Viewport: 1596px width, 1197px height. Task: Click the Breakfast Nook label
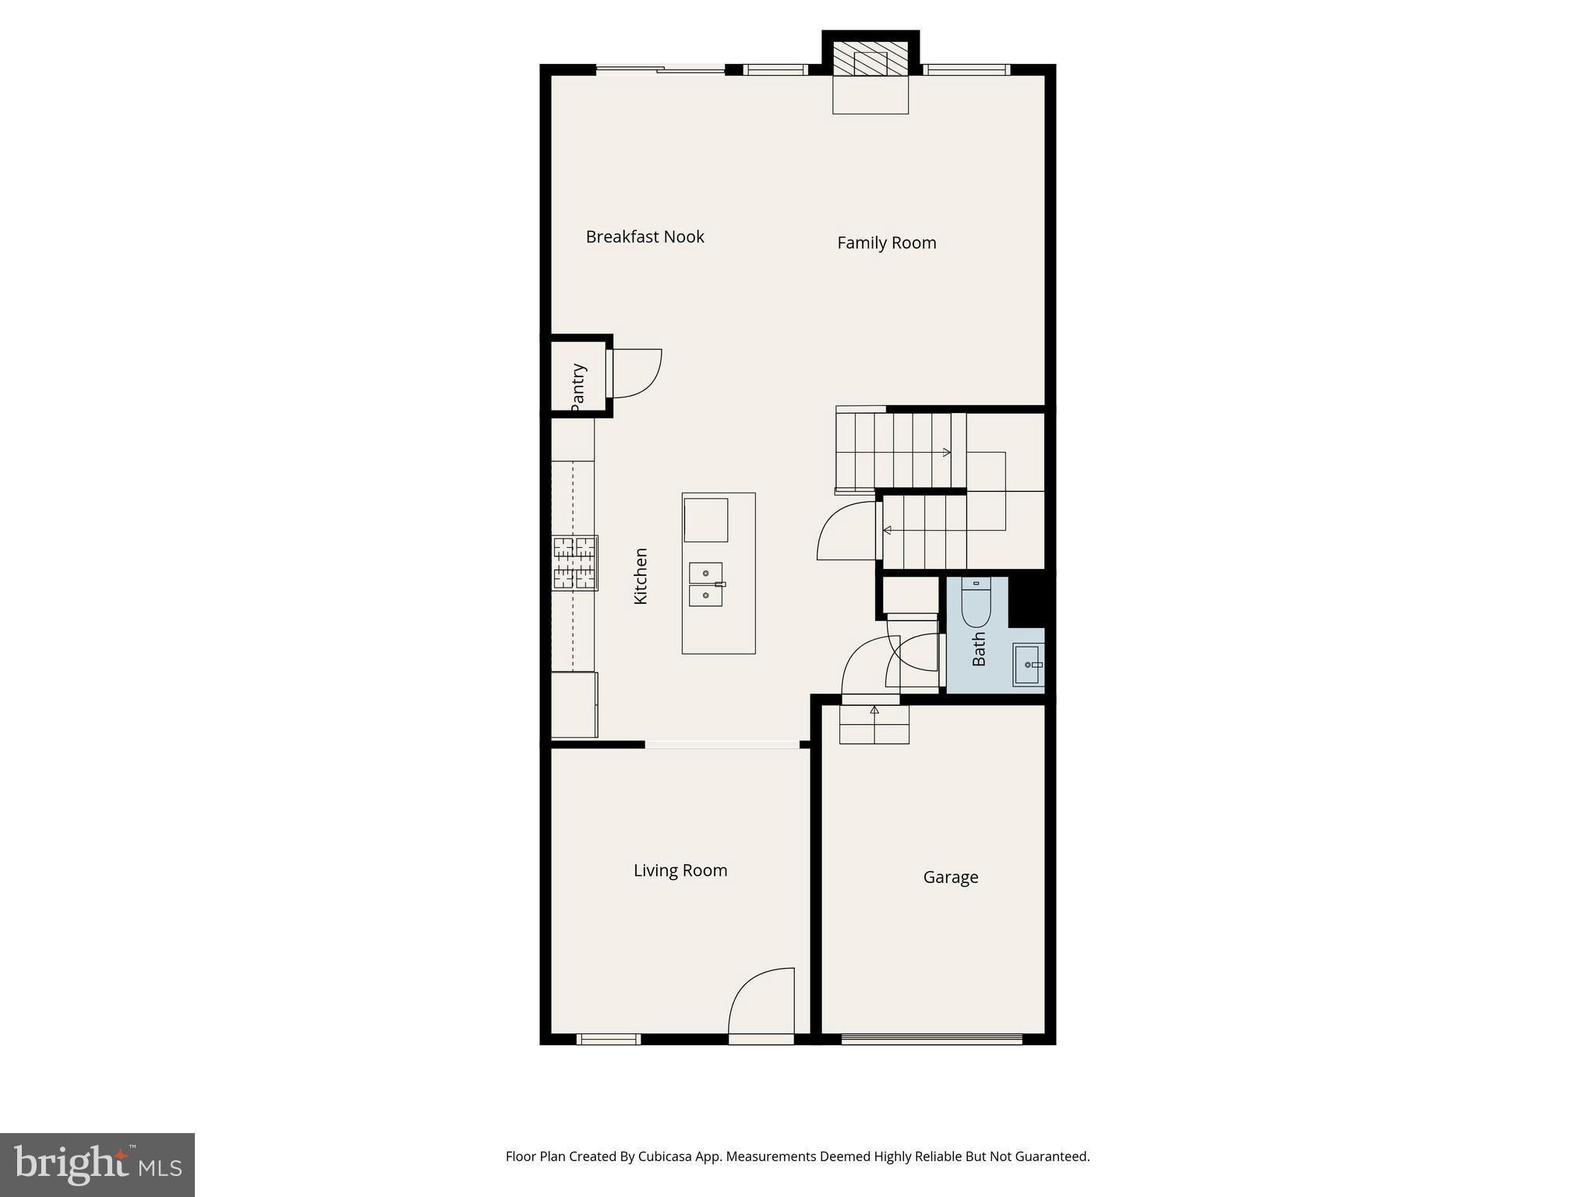click(x=644, y=237)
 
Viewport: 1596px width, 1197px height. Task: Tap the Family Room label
click(x=886, y=243)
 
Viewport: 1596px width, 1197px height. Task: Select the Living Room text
click(x=680, y=870)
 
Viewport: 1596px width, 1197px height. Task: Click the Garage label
click(x=950, y=877)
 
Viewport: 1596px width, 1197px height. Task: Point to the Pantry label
click(x=577, y=385)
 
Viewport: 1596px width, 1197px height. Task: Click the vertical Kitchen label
click(x=641, y=576)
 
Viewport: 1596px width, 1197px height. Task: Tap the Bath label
click(x=979, y=648)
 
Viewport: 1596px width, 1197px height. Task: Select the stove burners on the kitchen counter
click(x=575, y=563)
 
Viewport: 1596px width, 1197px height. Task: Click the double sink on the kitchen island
click(x=706, y=584)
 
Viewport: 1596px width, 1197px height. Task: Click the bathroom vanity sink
click(x=1027, y=665)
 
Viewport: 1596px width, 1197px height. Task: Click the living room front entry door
click(x=761, y=1005)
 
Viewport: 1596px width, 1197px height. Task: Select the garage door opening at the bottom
click(x=931, y=1039)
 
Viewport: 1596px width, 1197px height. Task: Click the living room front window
click(x=608, y=1039)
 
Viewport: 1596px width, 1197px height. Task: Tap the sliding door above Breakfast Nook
click(x=661, y=70)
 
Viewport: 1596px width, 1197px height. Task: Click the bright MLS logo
click(x=97, y=1164)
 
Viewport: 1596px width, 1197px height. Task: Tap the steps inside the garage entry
click(x=874, y=725)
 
